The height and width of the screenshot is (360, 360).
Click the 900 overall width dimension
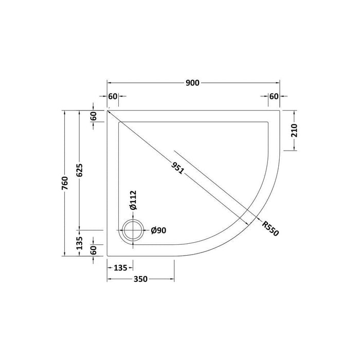click(192, 83)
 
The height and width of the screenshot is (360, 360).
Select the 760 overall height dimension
click(65, 183)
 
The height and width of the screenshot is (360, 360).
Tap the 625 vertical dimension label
click(79, 170)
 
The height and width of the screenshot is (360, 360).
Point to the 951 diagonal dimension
click(177, 168)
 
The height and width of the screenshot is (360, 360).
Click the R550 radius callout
click(270, 228)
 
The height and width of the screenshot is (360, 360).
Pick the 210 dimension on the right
click(294, 130)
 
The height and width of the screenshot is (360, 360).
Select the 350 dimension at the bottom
click(140, 279)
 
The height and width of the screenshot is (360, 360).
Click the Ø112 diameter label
click(133, 200)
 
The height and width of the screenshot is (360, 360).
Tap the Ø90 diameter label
click(158, 230)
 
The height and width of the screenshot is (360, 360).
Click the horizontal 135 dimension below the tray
click(120, 268)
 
